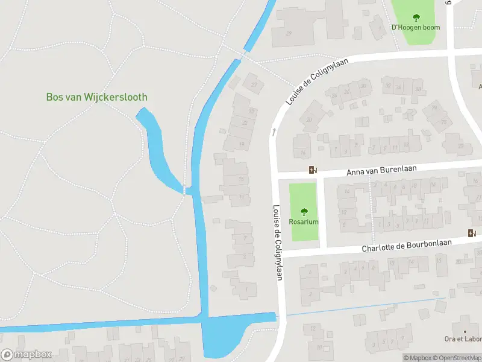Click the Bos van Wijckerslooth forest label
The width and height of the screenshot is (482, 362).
[96, 97]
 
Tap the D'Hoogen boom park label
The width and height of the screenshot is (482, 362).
[416, 27]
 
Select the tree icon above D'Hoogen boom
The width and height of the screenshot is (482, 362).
[416, 17]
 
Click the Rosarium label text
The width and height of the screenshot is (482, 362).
[304, 221]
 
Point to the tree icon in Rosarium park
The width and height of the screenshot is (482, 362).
[304, 211]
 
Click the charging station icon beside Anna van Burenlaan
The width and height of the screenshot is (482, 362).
[312, 170]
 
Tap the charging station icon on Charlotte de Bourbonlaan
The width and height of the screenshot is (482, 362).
[471, 233]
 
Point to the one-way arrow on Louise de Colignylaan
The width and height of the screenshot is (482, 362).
[273, 131]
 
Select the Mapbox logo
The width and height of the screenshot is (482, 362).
[27, 355]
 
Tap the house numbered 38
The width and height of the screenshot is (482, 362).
[418, 89]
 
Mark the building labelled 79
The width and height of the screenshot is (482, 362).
[433, 109]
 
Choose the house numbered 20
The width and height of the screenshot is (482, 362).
[310, 119]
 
